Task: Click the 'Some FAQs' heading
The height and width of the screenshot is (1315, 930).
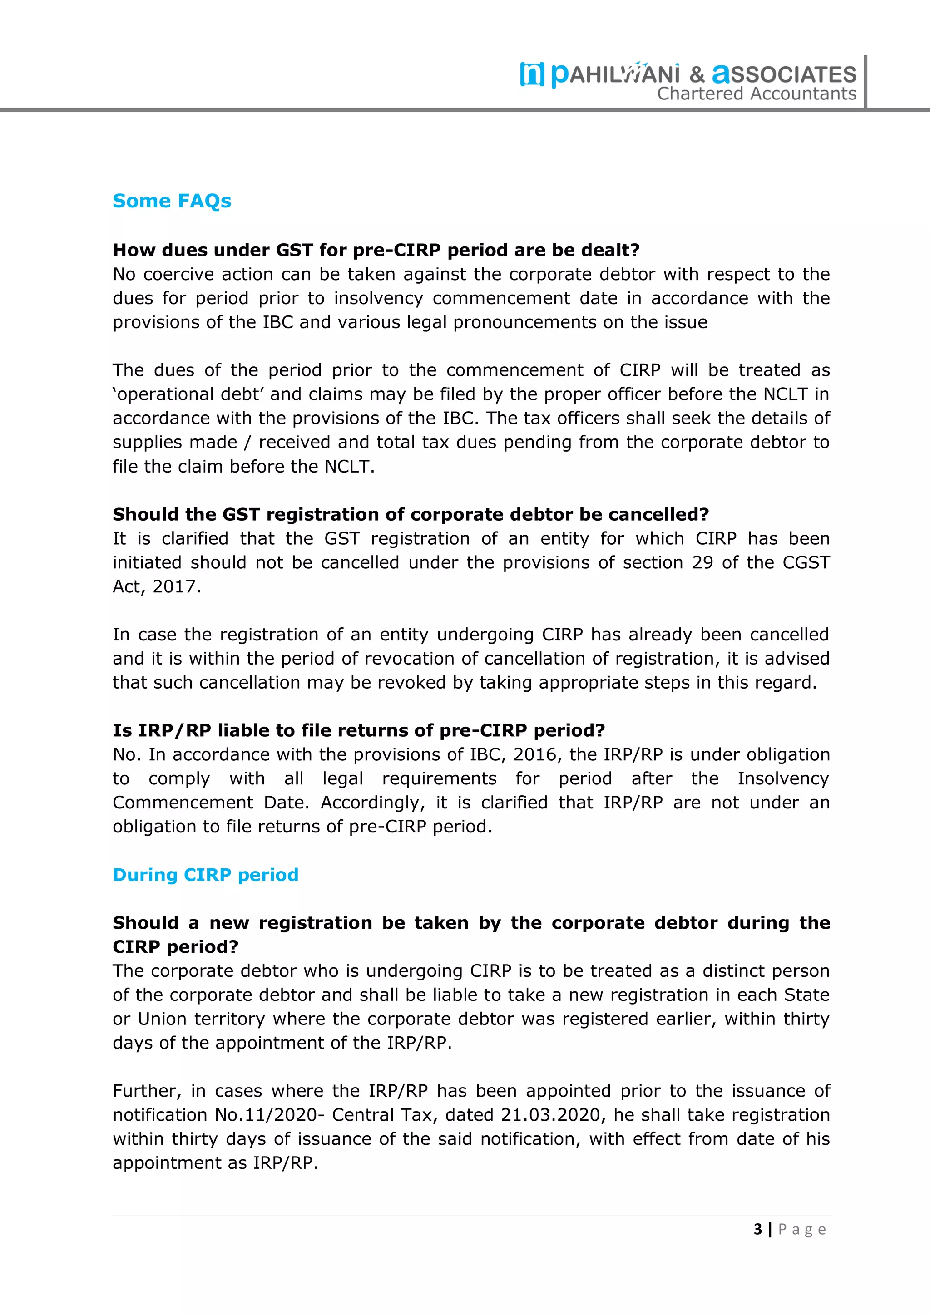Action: (172, 201)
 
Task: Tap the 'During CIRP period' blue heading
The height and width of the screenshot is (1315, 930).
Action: (205, 875)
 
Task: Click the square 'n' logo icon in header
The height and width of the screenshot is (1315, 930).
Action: (532, 74)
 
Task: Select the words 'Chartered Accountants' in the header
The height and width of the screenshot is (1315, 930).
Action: (757, 94)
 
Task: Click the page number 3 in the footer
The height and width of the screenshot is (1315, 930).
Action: (758, 1229)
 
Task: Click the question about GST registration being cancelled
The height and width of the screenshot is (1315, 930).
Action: (410, 514)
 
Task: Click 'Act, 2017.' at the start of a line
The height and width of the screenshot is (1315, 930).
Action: (156, 586)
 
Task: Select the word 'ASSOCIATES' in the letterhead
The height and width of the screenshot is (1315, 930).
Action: (784, 74)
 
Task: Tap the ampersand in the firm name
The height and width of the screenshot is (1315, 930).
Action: (697, 74)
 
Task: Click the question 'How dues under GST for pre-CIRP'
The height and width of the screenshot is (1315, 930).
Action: (376, 250)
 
